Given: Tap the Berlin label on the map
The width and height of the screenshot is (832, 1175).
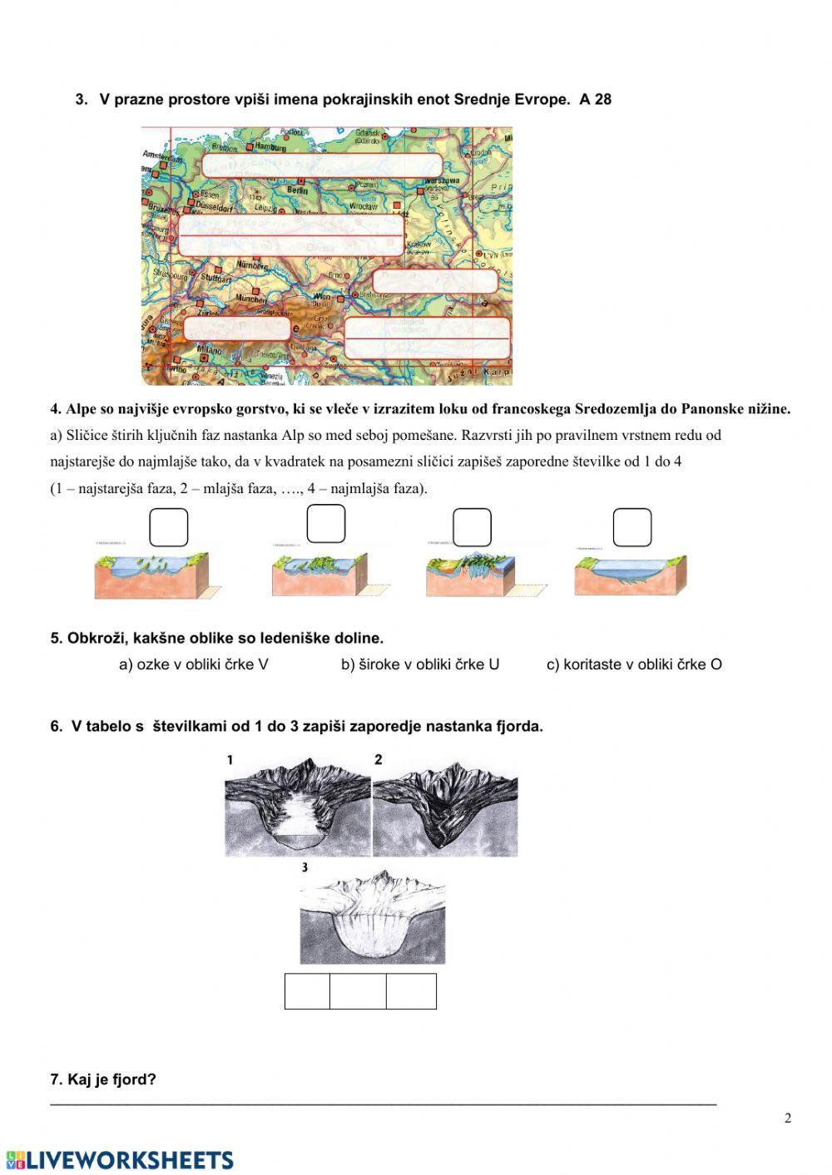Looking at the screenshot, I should point(297,190).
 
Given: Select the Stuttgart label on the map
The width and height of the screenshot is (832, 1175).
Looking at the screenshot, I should point(215,279).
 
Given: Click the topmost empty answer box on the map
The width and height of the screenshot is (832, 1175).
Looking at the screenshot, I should point(321,165).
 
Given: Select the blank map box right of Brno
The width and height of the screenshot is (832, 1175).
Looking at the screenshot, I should point(434,281).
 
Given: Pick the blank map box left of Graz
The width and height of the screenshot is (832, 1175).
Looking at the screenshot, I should point(236,328).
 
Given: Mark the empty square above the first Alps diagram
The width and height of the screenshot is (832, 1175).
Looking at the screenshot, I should point(169,527).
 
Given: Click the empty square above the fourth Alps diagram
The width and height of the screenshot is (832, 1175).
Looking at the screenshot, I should point(632,527).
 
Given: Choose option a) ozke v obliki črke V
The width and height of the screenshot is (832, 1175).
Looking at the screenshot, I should point(194,664).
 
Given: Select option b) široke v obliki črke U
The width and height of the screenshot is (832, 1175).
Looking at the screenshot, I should point(420,664).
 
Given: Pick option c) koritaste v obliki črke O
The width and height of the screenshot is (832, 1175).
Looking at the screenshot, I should point(634,664).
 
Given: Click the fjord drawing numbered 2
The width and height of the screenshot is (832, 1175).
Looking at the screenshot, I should point(445,807).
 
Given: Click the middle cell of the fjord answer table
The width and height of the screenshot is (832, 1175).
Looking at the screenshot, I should point(358,991).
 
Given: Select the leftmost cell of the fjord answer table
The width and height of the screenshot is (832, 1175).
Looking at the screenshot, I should point(307,991).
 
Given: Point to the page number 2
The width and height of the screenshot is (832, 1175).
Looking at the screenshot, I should point(788,1118).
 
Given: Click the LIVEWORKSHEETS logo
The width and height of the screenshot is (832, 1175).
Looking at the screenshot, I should point(120,1160).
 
